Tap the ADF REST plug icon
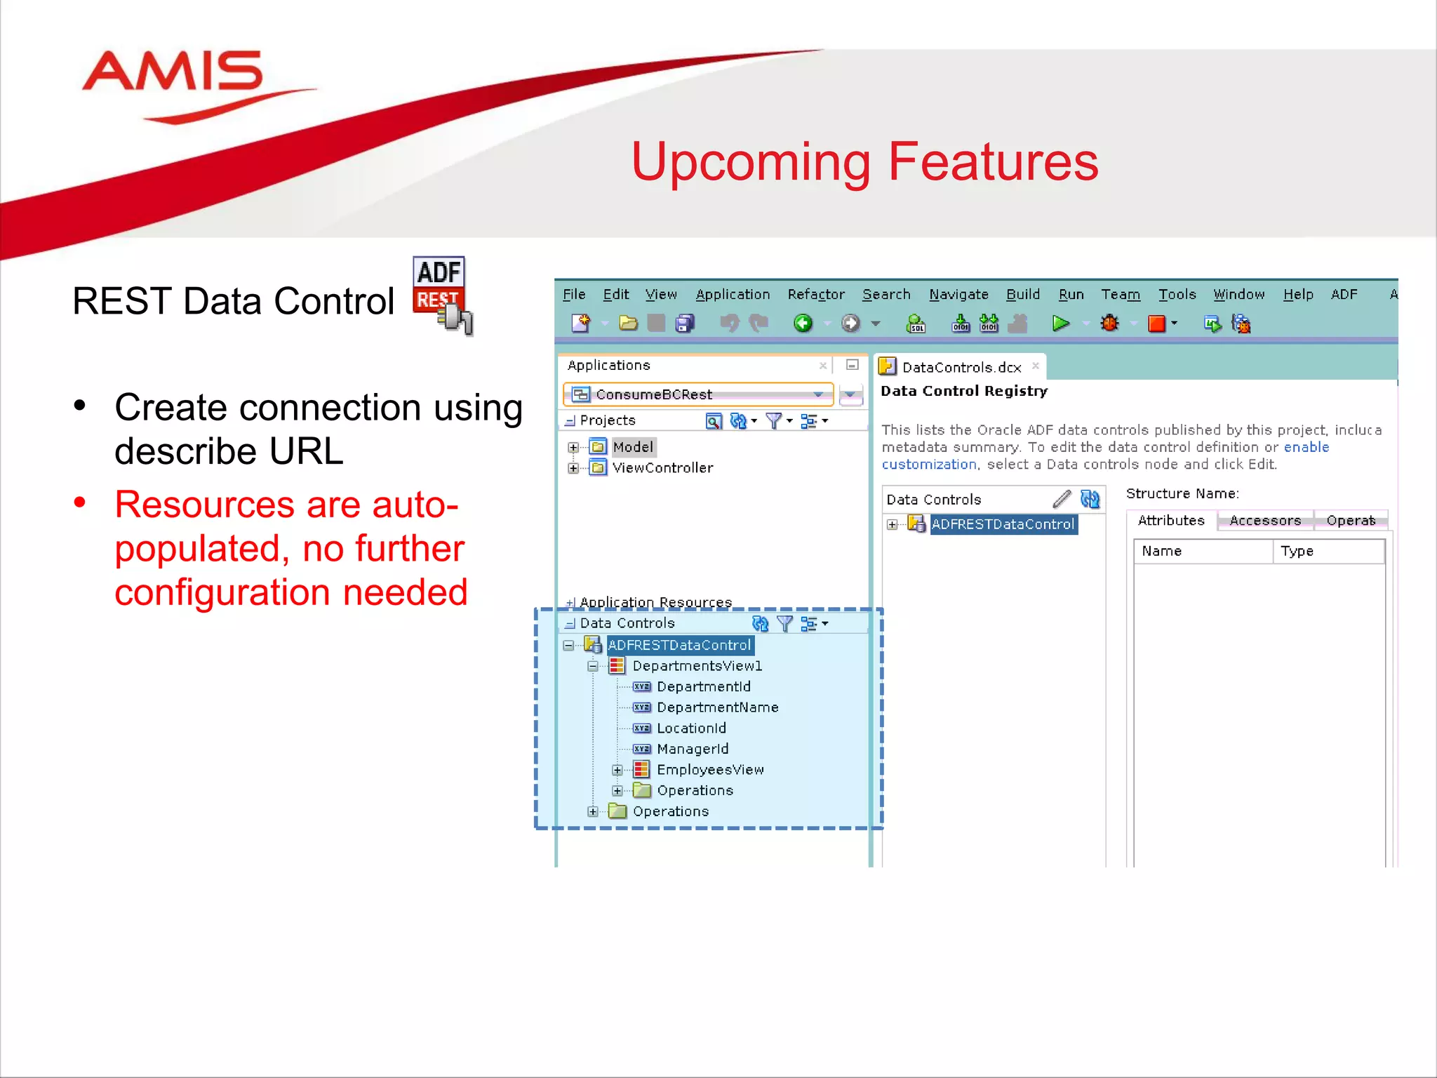(x=443, y=295)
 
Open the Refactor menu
(x=815, y=295)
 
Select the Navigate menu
(x=958, y=295)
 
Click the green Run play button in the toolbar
(x=1060, y=324)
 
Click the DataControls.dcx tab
(x=961, y=367)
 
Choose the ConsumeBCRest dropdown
(x=697, y=394)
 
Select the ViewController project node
(x=662, y=468)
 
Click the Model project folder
(x=631, y=447)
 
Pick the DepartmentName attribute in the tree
(x=717, y=707)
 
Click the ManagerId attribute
(x=692, y=749)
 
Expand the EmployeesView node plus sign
(x=617, y=770)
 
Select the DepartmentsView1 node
(x=696, y=666)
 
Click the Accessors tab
(x=1264, y=521)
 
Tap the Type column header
(x=1297, y=552)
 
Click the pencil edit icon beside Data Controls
(x=1062, y=499)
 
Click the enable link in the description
(x=1306, y=447)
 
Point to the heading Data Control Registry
(x=963, y=391)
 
